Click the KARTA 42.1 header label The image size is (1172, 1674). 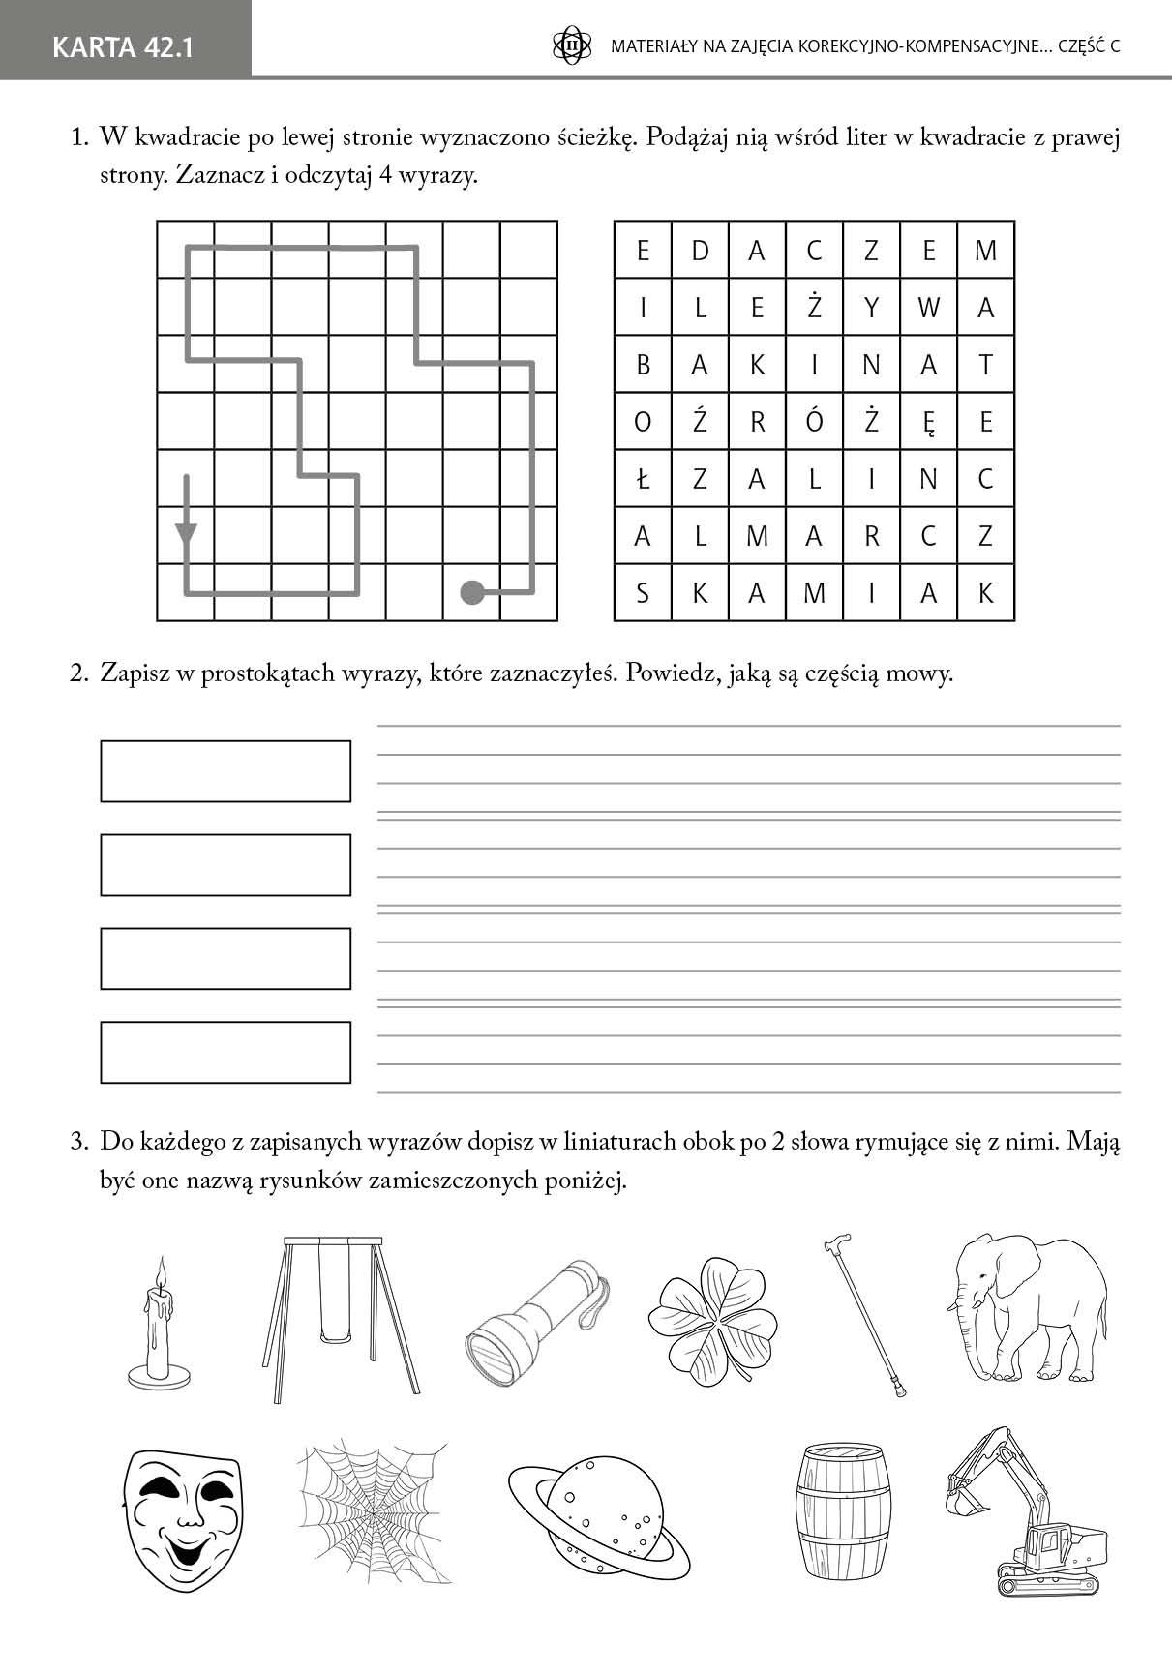[x=123, y=46]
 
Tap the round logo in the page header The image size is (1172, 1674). [x=571, y=45]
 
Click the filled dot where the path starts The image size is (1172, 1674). [x=472, y=591]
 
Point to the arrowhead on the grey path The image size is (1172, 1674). [x=186, y=532]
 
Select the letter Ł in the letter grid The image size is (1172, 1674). [x=643, y=478]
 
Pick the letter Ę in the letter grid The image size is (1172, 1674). [x=928, y=422]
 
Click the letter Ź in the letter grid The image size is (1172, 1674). [x=700, y=421]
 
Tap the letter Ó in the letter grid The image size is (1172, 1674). [x=814, y=421]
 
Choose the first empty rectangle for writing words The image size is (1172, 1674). [x=225, y=771]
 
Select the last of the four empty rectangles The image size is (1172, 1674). [x=225, y=1052]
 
